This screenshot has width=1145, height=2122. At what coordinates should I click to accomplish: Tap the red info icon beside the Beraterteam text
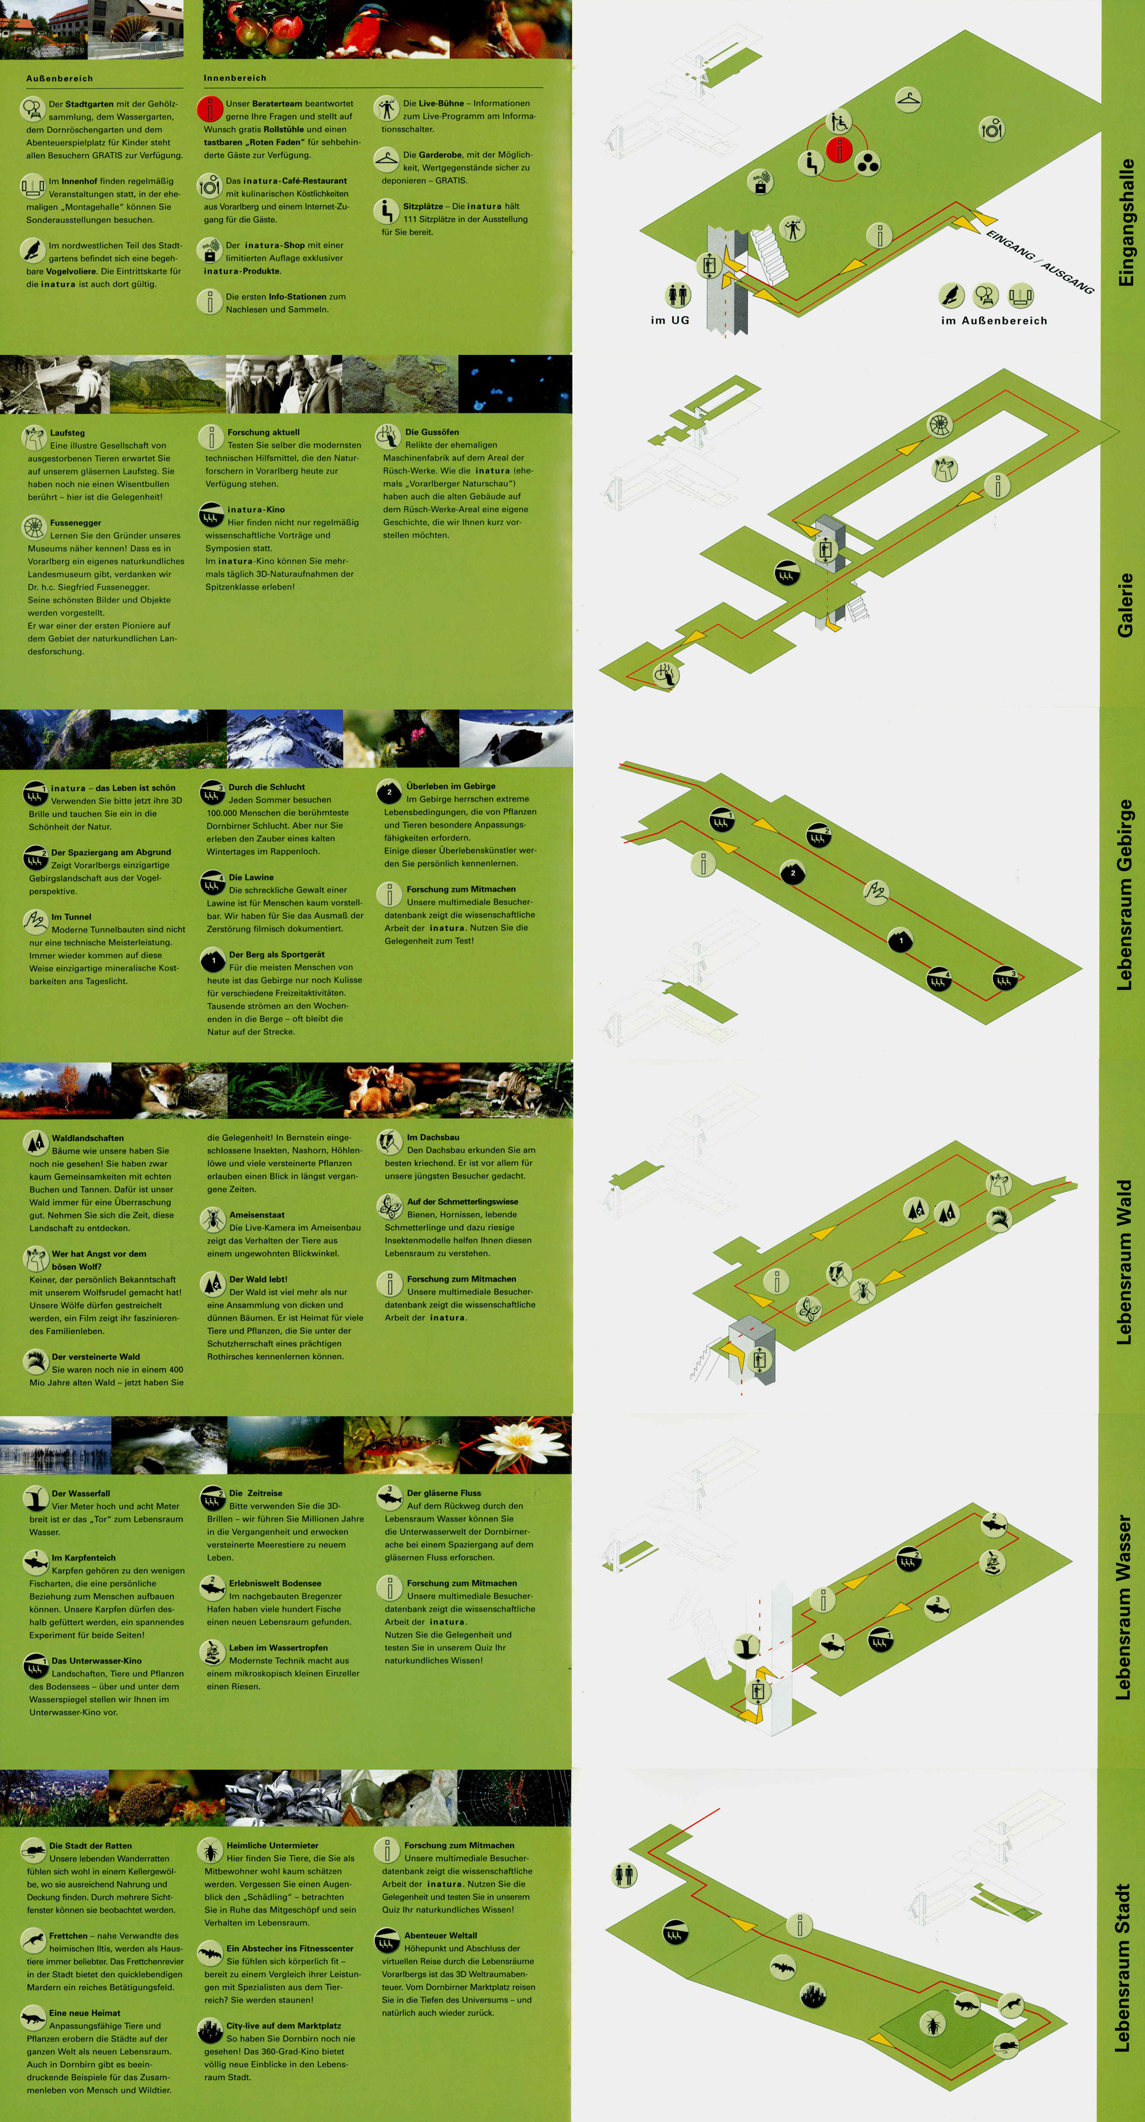coord(210,109)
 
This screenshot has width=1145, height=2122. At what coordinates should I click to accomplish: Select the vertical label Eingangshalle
coord(1125,222)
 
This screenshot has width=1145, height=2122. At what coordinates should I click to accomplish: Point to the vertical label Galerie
coord(1125,605)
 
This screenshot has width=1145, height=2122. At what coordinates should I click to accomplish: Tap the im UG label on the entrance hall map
coord(670,320)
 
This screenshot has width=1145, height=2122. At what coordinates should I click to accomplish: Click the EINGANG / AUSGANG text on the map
coord(1040,262)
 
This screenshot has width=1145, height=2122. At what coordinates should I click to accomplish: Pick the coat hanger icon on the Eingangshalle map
coord(908,100)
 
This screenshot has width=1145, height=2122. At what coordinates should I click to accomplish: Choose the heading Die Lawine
coord(251,877)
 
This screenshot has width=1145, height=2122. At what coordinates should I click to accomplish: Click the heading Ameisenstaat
coord(257,1214)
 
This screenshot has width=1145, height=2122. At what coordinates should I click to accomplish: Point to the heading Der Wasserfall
coord(81,1493)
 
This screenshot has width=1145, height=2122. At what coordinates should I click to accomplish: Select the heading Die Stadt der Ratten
coord(90,1845)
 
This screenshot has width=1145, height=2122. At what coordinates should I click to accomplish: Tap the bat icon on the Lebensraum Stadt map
coord(783,1967)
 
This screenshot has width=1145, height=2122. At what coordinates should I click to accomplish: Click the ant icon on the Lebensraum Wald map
coord(862,1290)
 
